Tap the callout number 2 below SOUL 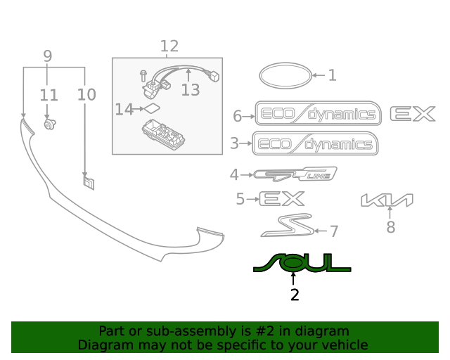pyautogui.click(x=295, y=295)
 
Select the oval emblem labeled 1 pyautogui.click(x=283, y=75)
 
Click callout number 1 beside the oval pyautogui.click(x=332, y=75)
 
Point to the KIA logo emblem pyautogui.click(x=387, y=201)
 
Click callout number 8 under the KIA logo pyautogui.click(x=391, y=226)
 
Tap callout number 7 pyautogui.click(x=334, y=231)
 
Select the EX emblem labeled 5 pyautogui.click(x=282, y=199)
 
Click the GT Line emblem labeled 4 pyautogui.click(x=295, y=174)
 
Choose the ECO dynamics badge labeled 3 pyautogui.click(x=315, y=144)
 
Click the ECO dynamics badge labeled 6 pyautogui.click(x=318, y=115)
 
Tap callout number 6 pyautogui.click(x=237, y=116)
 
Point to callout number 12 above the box pyautogui.click(x=169, y=46)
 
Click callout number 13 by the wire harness pyautogui.click(x=191, y=89)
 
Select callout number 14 pyautogui.click(x=124, y=109)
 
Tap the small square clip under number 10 pyautogui.click(x=88, y=183)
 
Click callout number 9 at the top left pyautogui.click(x=48, y=56)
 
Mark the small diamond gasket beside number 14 pyautogui.click(x=152, y=108)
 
